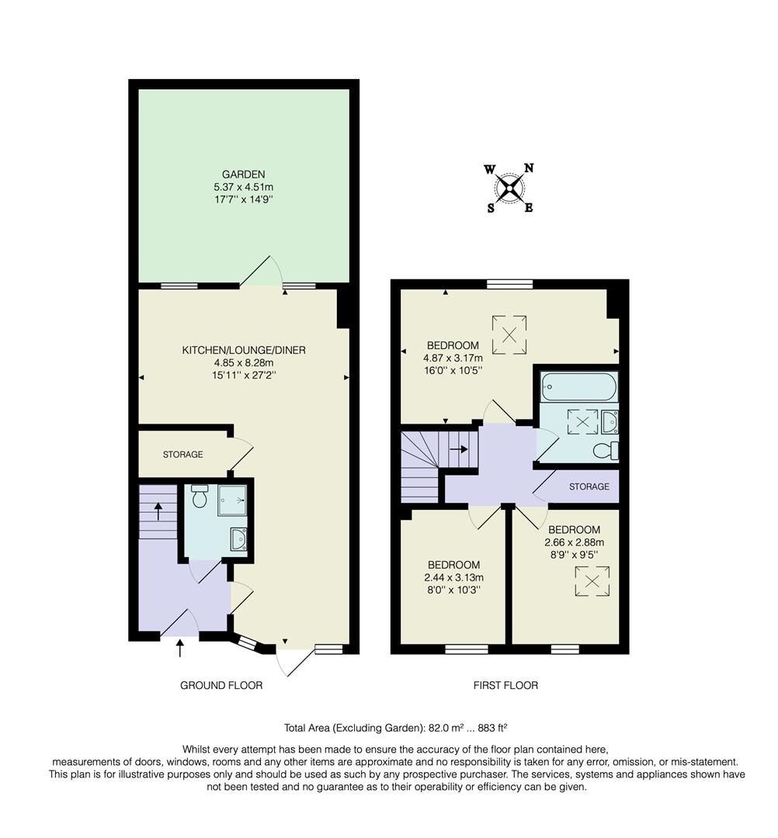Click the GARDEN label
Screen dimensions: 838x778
243,175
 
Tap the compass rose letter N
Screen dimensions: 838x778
528,168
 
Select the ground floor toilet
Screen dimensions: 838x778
200,497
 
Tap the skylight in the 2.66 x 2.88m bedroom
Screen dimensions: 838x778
592,581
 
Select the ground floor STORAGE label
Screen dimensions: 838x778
182,455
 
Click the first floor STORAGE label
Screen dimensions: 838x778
589,487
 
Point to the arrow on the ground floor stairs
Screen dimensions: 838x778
158,511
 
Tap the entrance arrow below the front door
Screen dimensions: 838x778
180,648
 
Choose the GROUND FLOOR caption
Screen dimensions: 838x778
221,685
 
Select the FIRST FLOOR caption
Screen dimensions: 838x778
505,685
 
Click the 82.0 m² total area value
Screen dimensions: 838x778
442,728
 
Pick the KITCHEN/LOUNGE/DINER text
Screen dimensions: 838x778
244,350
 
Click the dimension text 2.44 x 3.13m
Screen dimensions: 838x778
453,577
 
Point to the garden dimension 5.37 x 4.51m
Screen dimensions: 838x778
243,187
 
